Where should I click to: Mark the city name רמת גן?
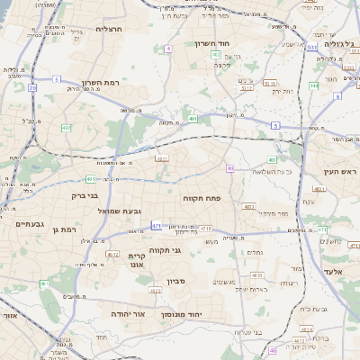(69, 230)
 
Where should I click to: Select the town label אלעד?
(330, 270)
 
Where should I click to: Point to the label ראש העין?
(340, 170)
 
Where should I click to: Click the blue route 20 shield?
(32, 87)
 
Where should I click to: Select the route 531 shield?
(311, 47)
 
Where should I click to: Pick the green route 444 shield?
(314, 85)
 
